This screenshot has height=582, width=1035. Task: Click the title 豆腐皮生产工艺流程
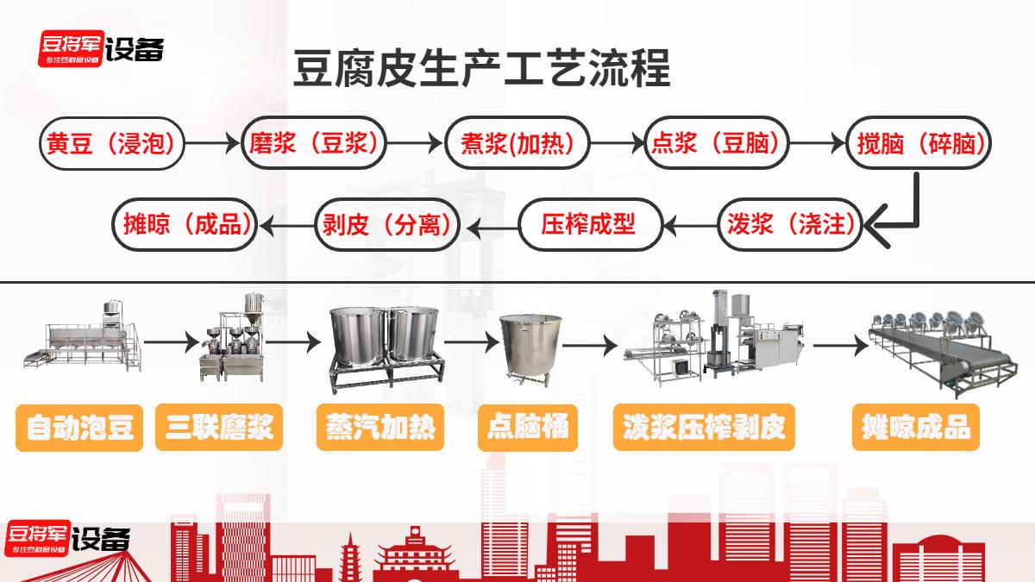pyautogui.click(x=481, y=69)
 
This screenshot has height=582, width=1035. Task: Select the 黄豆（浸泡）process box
pyautogui.click(x=112, y=143)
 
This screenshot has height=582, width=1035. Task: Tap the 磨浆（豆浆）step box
pyautogui.click(x=314, y=143)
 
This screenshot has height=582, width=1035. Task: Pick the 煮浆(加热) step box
pyautogui.click(x=517, y=143)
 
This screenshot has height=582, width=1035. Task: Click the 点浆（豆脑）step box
pyautogui.click(x=716, y=143)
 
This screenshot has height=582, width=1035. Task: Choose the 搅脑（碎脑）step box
pyautogui.click(x=919, y=143)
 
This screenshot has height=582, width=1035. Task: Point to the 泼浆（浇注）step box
pyautogui.click(x=790, y=224)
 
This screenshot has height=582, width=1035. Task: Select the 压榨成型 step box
pyautogui.click(x=591, y=224)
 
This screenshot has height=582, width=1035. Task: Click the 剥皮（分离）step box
pyautogui.click(x=387, y=224)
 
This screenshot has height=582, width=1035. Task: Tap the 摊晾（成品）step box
pyautogui.click(x=185, y=224)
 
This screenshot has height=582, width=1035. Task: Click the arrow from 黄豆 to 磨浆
pyautogui.click(x=213, y=143)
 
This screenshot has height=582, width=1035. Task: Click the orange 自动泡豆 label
pyautogui.click(x=79, y=428)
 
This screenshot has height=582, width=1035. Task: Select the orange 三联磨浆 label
pyautogui.click(x=219, y=428)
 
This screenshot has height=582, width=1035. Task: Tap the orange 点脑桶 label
pyautogui.click(x=528, y=428)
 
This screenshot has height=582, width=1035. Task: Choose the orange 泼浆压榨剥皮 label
pyautogui.click(x=704, y=428)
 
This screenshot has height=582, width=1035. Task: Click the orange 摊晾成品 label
pyautogui.click(x=916, y=428)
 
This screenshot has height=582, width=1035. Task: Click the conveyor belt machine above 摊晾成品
pyautogui.click(x=943, y=354)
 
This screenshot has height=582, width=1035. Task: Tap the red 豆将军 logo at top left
pyautogui.click(x=71, y=48)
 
